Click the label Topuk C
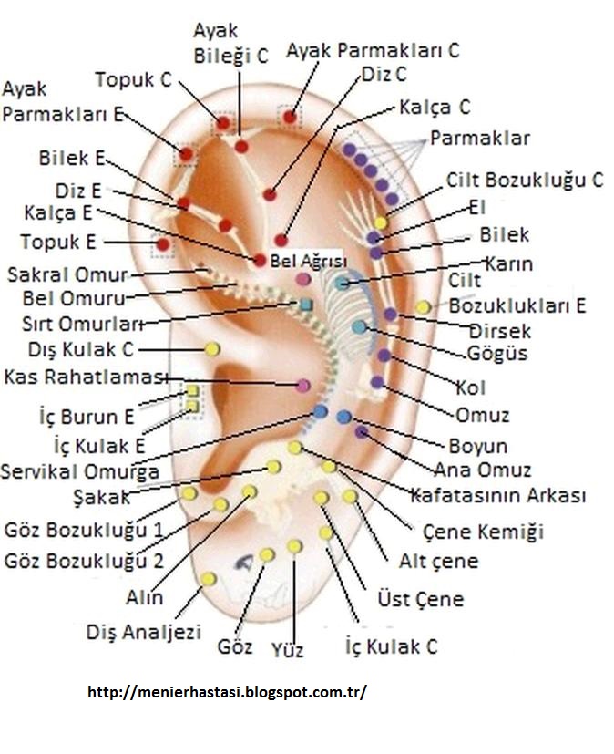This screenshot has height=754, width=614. [x=133, y=79]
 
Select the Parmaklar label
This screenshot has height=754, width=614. [x=479, y=139]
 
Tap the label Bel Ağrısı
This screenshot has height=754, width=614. [x=305, y=262]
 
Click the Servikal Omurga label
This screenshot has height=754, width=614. [x=80, y=471]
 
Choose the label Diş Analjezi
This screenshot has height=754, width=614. [x=143, y=631]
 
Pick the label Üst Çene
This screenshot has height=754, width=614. [x=420, y=599]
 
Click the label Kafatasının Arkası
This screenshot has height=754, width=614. [x=497, y=495]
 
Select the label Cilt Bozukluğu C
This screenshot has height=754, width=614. [x=525, y=180]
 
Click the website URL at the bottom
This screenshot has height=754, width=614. [x=227, y=692]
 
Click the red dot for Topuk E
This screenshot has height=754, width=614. [x=162, y=244]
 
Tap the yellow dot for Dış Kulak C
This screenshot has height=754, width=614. [x=212, y=348]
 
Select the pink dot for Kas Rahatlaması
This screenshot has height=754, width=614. [x=303, y=386]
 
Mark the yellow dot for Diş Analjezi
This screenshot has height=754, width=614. [x=208, y=579]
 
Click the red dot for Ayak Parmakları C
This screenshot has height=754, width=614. [x=290, y=116]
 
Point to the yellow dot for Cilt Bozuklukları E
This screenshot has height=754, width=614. [x=423, y=307]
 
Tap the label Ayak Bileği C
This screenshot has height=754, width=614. [x=230, y=44]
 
